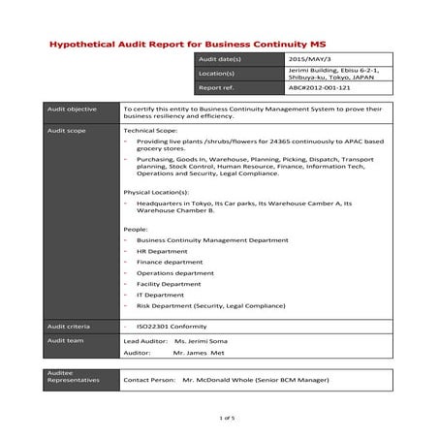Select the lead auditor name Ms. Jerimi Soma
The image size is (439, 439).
pyautogui.click(x=207, y=342)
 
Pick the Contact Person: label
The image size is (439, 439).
pyautogui.click(x=150, y=381)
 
